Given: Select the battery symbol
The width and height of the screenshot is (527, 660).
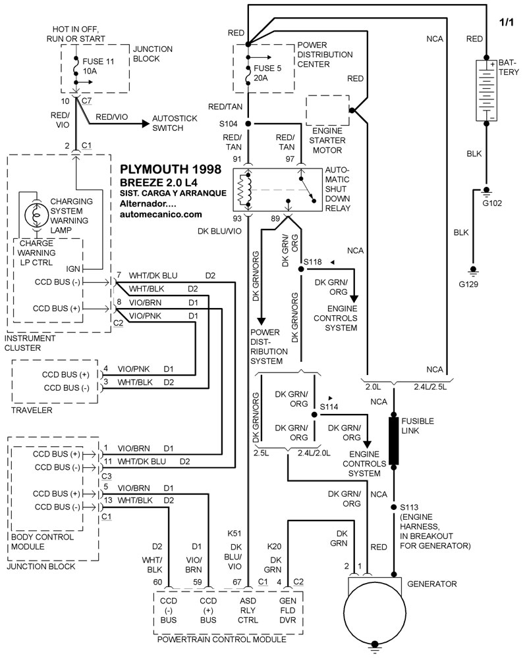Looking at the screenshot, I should [x=487, y=90].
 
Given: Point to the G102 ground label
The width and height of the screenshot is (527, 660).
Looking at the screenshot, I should [x=491, y=203].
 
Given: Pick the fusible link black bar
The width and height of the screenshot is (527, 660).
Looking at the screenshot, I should [x=394, y=440].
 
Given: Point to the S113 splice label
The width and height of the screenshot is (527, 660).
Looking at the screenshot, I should [x=410, y=507].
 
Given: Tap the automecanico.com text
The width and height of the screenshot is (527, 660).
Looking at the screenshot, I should [x=161, y=214].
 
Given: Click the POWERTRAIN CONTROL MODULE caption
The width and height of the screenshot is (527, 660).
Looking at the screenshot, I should [x=220, y=639].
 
